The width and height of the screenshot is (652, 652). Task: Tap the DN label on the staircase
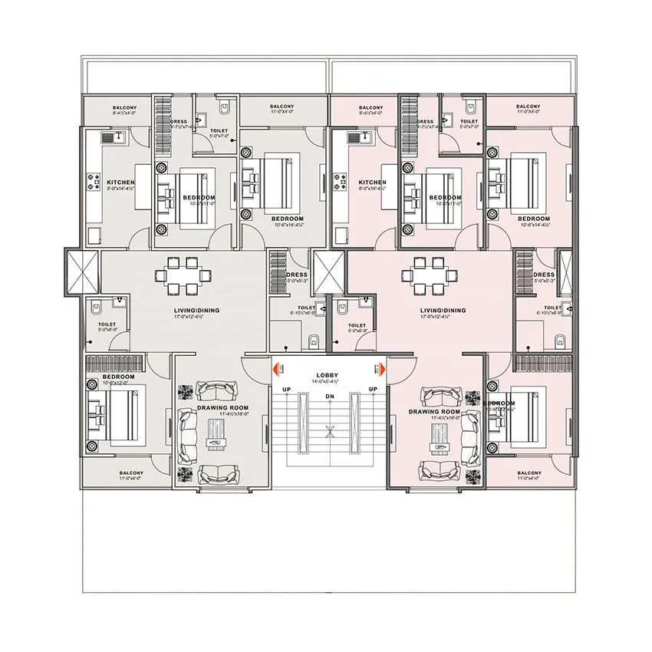[330, 397]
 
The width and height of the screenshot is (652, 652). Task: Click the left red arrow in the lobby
[280, 370]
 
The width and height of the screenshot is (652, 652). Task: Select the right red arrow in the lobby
[377, 370]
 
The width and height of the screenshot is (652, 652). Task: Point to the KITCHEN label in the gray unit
[105, 183]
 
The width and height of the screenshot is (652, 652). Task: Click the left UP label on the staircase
[285, 390]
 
